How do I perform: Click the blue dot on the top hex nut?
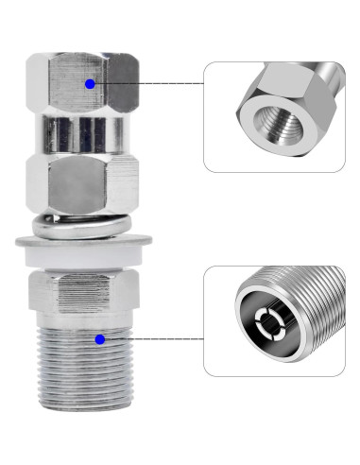89,84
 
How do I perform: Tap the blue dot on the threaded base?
99,337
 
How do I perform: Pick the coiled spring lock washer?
84,224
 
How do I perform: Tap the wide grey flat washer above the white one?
84,242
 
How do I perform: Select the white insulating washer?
84,255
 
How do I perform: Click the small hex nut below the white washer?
84,294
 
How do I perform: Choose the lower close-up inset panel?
273,320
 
